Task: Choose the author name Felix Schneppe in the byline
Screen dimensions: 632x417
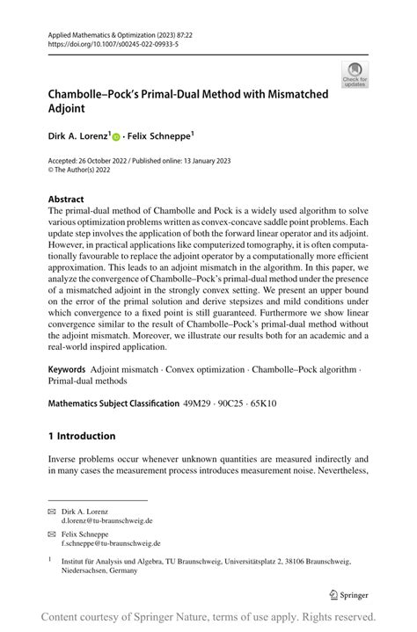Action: (x=157, y=137)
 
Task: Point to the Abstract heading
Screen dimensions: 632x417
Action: (x=66, y=199)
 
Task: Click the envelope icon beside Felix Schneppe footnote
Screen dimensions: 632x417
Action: (x=51, y=533)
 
